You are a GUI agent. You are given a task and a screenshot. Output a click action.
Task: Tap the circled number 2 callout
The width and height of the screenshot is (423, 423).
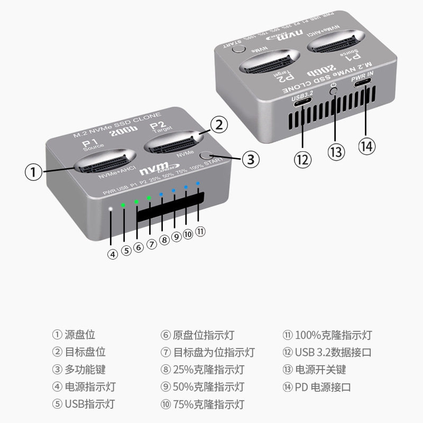coord(219,125)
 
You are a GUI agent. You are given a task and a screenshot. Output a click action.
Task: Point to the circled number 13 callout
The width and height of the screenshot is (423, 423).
coord(336,152)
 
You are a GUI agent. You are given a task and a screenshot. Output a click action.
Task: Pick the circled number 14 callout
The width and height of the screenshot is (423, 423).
coord(366,145)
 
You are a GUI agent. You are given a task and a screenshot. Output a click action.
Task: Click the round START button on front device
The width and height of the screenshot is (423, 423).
coord(205,157)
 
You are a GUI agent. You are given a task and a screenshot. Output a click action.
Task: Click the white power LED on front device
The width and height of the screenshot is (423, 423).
coord(110,209)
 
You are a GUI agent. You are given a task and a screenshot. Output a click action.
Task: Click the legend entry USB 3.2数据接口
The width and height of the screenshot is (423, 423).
coord(334,352)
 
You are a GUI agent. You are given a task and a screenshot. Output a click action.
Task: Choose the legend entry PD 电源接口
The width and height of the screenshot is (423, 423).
coord(323,387)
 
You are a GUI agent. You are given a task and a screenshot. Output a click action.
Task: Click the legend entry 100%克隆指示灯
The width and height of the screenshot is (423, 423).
coord(333,335)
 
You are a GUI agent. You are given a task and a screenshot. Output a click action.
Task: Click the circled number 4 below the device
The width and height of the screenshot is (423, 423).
coord(112,253)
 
